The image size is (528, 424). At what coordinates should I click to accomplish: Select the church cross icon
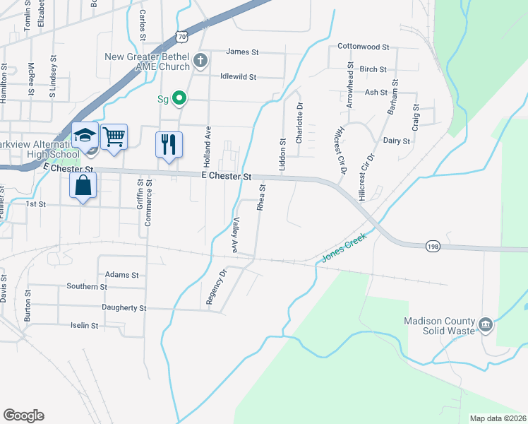pos(200,60)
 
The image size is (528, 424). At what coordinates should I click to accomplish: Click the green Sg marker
pos(179,98)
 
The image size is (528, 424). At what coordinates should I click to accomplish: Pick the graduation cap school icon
pos(85,135)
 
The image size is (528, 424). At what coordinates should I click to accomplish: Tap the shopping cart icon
pos(114,136)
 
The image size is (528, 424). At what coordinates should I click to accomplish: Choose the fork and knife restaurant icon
pos(169,145)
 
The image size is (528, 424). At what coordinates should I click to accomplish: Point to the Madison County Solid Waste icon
pos(486,324)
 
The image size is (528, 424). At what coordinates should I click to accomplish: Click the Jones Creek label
pos(345,247)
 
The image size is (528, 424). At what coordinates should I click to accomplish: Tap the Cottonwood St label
pos(363,47)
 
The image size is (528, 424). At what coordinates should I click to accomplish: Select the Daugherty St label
pos(124,308)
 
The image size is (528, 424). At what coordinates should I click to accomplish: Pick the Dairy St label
pos(396,141)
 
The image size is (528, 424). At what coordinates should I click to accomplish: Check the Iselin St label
pos(84,325)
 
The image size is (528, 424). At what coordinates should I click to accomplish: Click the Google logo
pos(23,416)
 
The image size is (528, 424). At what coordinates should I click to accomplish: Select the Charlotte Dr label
pos(299,123)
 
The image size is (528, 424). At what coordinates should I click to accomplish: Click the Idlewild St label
pos(238,76)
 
